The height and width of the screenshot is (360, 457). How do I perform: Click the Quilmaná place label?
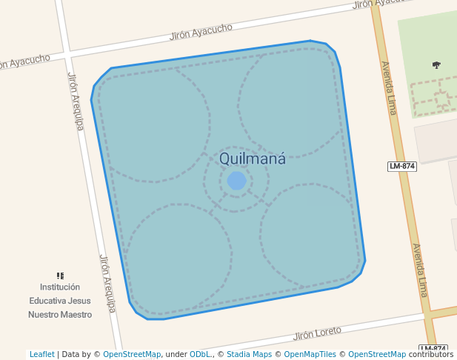[253, 159]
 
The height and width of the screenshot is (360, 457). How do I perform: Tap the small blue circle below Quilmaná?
[237, 181]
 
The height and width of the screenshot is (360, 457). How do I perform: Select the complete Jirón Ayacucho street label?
[201, 32]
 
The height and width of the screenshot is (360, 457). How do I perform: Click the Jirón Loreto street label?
[318, 333]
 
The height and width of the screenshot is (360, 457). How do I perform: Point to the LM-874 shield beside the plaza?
[401, 166]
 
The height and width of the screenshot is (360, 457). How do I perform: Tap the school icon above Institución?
[61, 276]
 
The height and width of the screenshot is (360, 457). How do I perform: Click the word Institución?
[60, 287]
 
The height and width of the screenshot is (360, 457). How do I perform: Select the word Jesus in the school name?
[79, 301]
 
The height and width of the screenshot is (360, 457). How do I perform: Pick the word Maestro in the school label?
[76, 314]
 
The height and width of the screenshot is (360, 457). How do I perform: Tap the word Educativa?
[47, 301]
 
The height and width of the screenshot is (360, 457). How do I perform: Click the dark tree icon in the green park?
[436, 65]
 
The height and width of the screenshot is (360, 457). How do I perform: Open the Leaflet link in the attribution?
[41, 355]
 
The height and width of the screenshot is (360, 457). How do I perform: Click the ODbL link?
[199, 355]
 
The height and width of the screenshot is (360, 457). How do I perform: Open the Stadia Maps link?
[249, 355]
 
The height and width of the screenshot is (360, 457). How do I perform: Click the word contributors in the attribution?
[430, 355]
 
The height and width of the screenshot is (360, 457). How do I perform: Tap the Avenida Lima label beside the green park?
[388, 87]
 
